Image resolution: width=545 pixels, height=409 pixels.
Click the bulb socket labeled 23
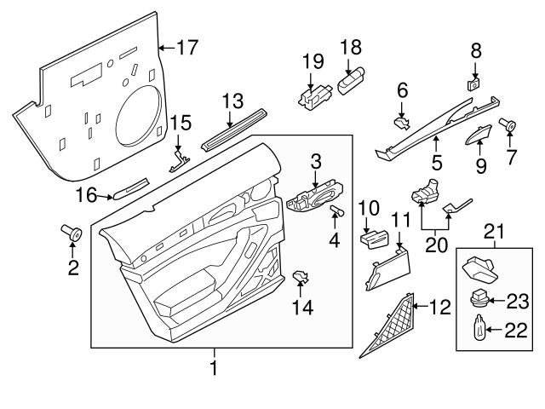click(481, 299)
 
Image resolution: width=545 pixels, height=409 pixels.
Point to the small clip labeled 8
click(474, 84)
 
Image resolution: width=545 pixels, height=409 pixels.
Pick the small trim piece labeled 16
click(130, 187)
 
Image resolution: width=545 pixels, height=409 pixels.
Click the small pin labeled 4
click(336, 210)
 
